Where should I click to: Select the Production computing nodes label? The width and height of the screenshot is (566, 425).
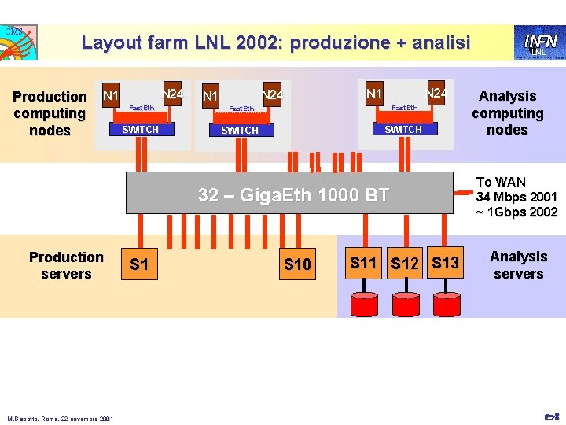pyautogui.click(x=50, y=113)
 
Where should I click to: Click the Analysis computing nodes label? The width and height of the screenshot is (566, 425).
pyautogui.click(x=507, y=113)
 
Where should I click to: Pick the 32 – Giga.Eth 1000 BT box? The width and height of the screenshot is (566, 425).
pyautogui.click(x=293, y=194)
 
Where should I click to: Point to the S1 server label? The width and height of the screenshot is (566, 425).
pyautogui.click(x=139, y=264)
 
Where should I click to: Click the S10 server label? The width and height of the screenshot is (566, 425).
pyautogui.click(x=297, y=265)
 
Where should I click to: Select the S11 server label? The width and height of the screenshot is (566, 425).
pyautogui.click(x=364, y=263)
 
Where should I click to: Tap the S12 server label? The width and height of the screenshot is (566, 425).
pyautogui.click(x=405, y=264)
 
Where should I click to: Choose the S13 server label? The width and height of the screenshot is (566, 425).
pyautogui.click(x=445, y=263)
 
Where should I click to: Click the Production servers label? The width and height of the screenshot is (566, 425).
pyautogui.click(x=66, y=265)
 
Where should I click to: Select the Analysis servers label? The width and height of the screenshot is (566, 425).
pyautogui.click(x=518, y=265)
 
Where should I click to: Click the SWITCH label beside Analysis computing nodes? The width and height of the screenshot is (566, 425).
pyautogui.click(x=403, y=130)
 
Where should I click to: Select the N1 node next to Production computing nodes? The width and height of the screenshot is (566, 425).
pyautogui.click(x=111, y=96)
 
